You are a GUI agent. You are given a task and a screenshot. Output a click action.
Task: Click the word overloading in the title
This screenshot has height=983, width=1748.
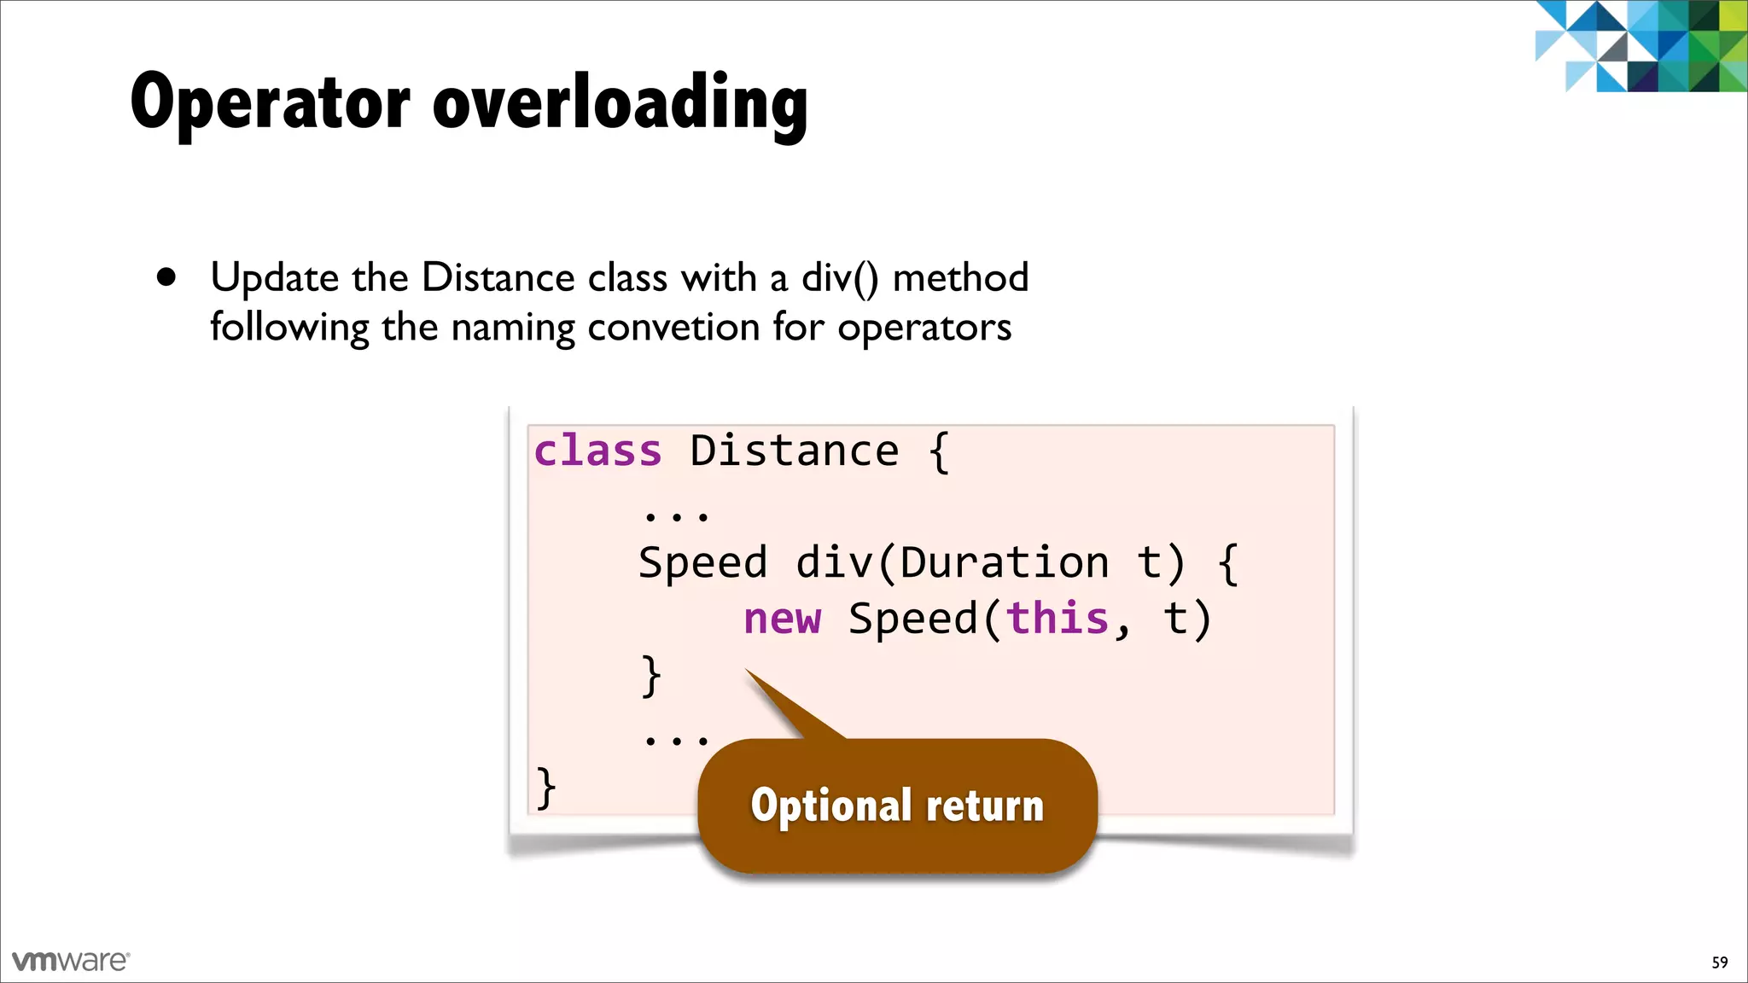click(x=620, y=104)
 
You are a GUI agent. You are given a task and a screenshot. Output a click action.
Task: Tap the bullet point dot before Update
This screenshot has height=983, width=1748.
click(x=166, y=277)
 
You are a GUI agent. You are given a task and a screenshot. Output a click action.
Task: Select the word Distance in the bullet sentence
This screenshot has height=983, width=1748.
click(x=498, y=278)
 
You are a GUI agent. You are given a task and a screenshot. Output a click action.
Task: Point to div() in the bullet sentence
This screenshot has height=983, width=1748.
click(x=840, y=279)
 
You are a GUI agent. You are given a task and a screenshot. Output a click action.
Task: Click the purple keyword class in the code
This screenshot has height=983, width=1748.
click(x=597, y=451)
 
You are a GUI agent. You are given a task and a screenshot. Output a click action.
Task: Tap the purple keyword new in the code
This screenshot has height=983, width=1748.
click(x=782, y=619)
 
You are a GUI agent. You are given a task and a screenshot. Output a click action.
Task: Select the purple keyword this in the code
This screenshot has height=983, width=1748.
click(x=1058, y=618)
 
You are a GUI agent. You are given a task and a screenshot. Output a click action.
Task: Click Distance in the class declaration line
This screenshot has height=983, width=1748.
click(x=794, y=451)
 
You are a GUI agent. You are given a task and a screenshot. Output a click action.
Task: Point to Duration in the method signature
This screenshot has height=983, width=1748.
click(x=1005, y=563)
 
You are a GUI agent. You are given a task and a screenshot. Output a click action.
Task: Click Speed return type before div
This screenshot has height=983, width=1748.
click(x=703, y=563)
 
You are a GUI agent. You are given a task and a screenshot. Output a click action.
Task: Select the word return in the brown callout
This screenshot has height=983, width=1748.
click(x=984, y=806)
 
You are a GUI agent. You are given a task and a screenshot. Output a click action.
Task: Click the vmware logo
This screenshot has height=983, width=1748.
click(x=71, y=961)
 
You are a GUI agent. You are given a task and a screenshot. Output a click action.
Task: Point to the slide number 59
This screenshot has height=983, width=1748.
click(x=1719, y=963)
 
